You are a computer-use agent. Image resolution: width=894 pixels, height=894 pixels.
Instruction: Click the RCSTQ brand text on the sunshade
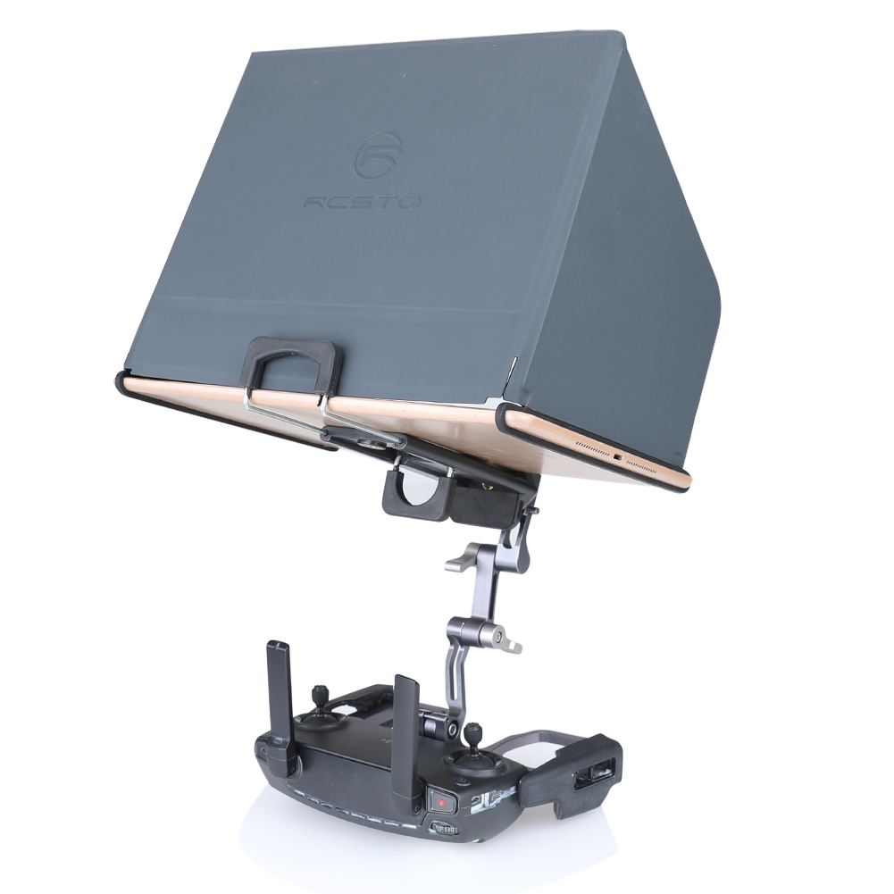pyautogui.click(x=362, y=201)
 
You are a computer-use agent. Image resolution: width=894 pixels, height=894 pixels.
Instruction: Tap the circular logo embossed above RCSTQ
pyautogui.click(x=378, y=155)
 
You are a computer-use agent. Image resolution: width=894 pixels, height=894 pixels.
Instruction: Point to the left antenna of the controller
pyautogui.click(x=281, y=710)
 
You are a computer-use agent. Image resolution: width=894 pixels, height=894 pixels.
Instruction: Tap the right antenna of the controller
pyautogui.click(x=408, y=741)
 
